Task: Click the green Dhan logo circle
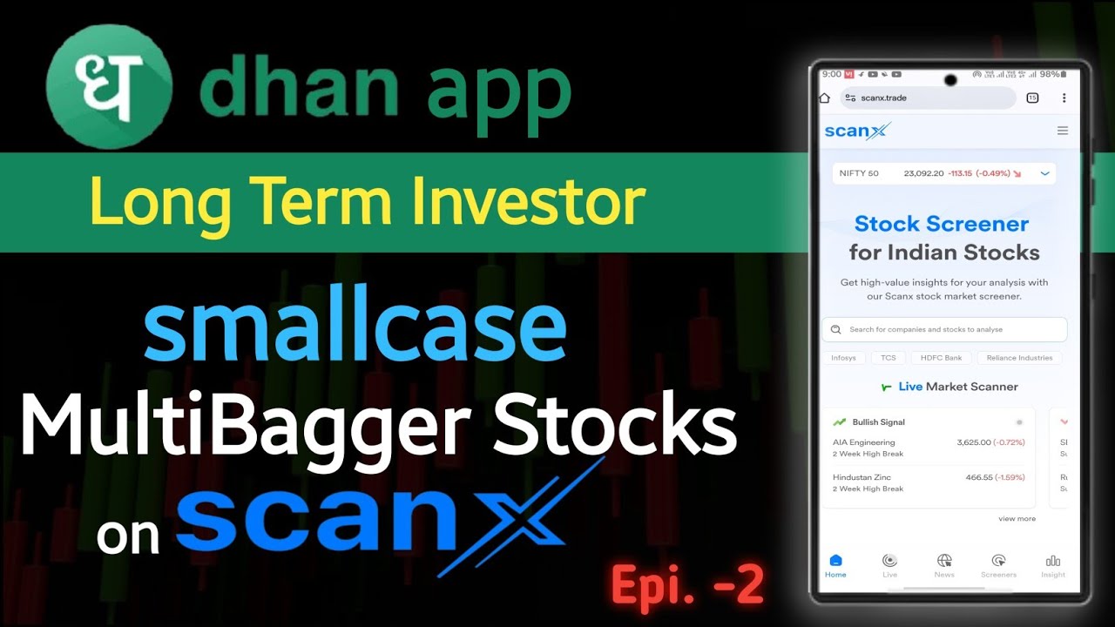(109, 86)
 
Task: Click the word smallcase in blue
(355, 330)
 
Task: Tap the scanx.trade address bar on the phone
(928, 98)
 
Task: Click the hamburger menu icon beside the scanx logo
(1062, 131)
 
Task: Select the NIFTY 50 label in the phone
(858, 173)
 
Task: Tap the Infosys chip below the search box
(842, 358)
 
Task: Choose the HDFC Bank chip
(941, 358)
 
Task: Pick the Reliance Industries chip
(1019, 358)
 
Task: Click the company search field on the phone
(944, 330)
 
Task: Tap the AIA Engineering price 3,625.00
(973, 442)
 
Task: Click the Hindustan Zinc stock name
(862, 477)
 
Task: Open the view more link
(1017, 519)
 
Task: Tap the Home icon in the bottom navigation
(835, 561)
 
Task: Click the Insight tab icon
(1052, 561)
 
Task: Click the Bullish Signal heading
(878, 422)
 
